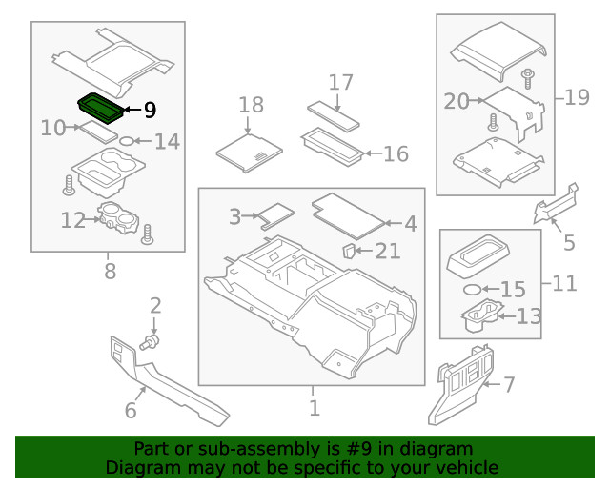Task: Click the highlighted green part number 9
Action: pos(98,107)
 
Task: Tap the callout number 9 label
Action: pos(149,110)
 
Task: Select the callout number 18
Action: pos(251,104)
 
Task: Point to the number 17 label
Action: pos(340,83)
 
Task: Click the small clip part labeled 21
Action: pos(350,251)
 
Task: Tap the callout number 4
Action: pos(410,224)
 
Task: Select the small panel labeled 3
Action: pos(277,213)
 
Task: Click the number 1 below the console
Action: pos(313,409)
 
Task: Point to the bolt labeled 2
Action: pos(151,340)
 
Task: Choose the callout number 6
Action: pos(131,411)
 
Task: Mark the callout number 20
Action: pos(457,99)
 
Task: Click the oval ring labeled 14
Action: pos(124,142)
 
